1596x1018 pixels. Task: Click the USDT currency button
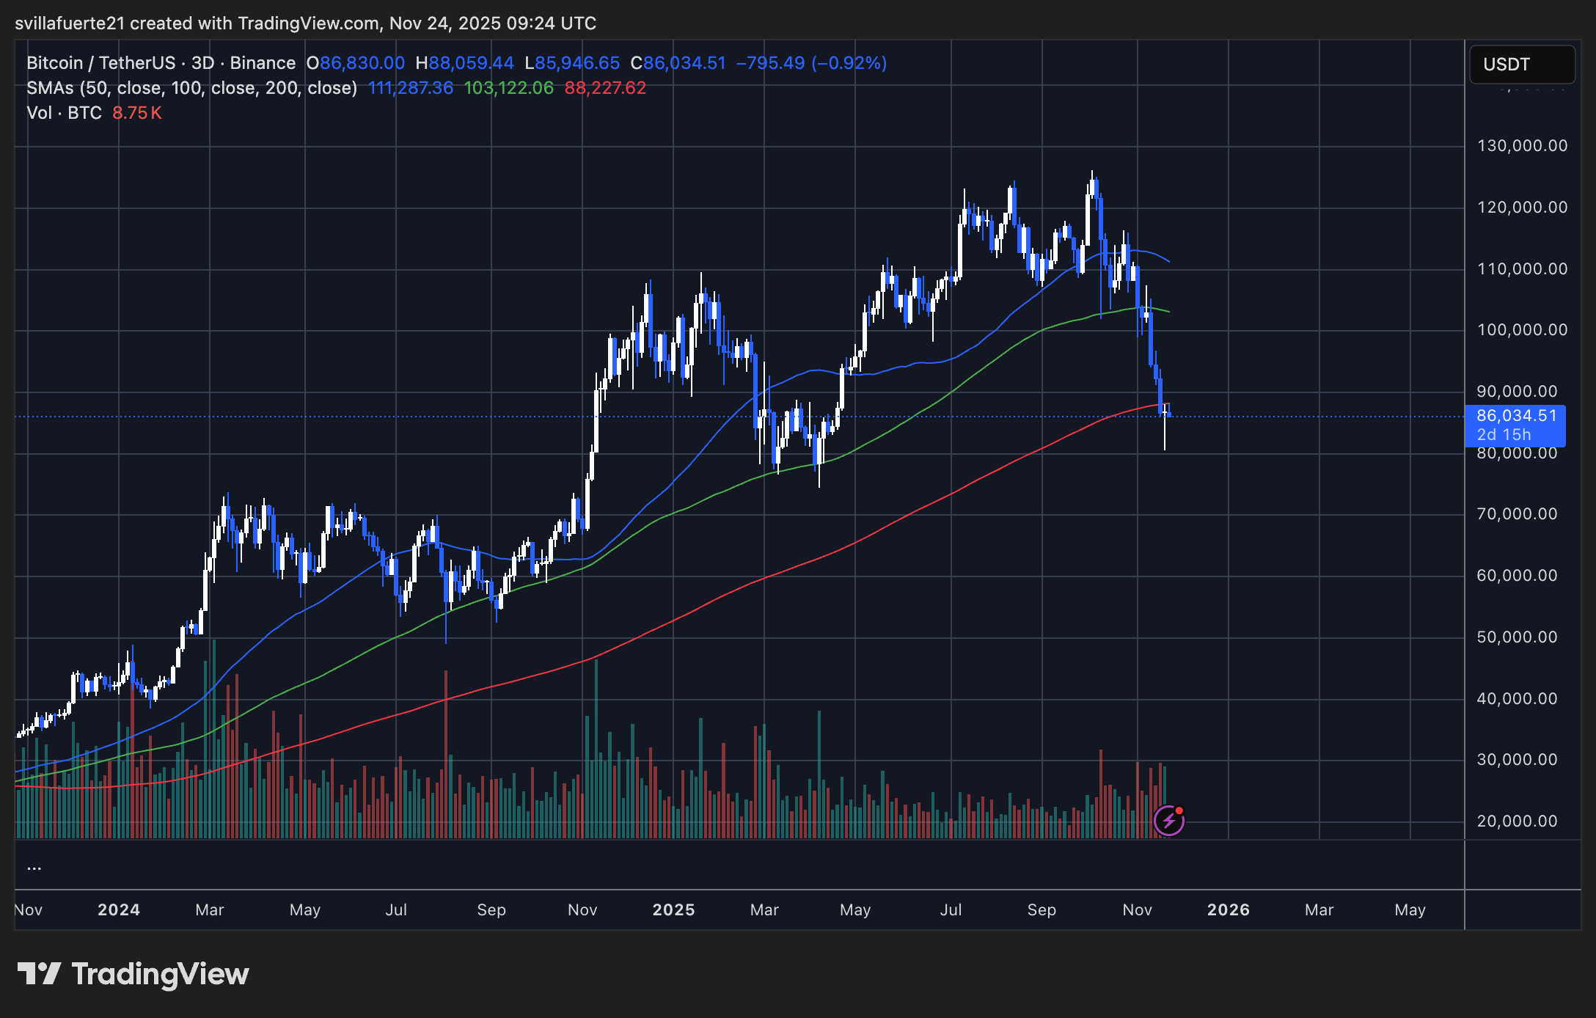pyautogui.click(x=1521, y=65)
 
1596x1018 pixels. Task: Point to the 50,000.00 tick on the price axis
pyautogui.click(x=1517, y=637)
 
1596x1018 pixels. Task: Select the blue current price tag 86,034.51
pyautogui.click(x=1515, y=417)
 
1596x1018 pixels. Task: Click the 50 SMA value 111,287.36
pyautogui.click(x=411, y=88)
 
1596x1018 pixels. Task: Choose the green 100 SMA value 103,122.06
pyautogui.click(x=509, y=88)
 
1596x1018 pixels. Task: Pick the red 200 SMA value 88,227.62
pyautogui.click(x=605, y=88)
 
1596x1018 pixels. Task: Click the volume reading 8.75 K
pyautogui.click(x=137, y=113)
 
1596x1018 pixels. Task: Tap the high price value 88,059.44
pyautogui.click(x=472, y=63)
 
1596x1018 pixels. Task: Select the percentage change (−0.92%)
pyautogui.click(x=849, y=63)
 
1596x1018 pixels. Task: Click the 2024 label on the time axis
pyautogui.click(x=119, y=910)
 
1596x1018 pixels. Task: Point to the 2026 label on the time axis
pyautogui.click(x=1229, y=910)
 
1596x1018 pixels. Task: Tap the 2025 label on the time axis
pyautogui.click(x=673, y=910)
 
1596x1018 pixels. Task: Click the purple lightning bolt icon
pyautogui.click(x=1168, y=821)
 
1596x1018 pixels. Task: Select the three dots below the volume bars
pyautogui.click(x=34, y=868)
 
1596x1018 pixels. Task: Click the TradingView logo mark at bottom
pyautogui.click(x=40, y=974)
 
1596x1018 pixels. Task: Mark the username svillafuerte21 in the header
pyautogui.click(x=70, y=23)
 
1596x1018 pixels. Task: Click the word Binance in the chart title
pyautogui.click(x=263, y=63)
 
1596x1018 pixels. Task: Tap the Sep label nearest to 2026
pyautogui.click(x=1042, y=910)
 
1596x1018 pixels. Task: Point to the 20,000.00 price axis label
pyautogui.click(x=1517, y=821)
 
